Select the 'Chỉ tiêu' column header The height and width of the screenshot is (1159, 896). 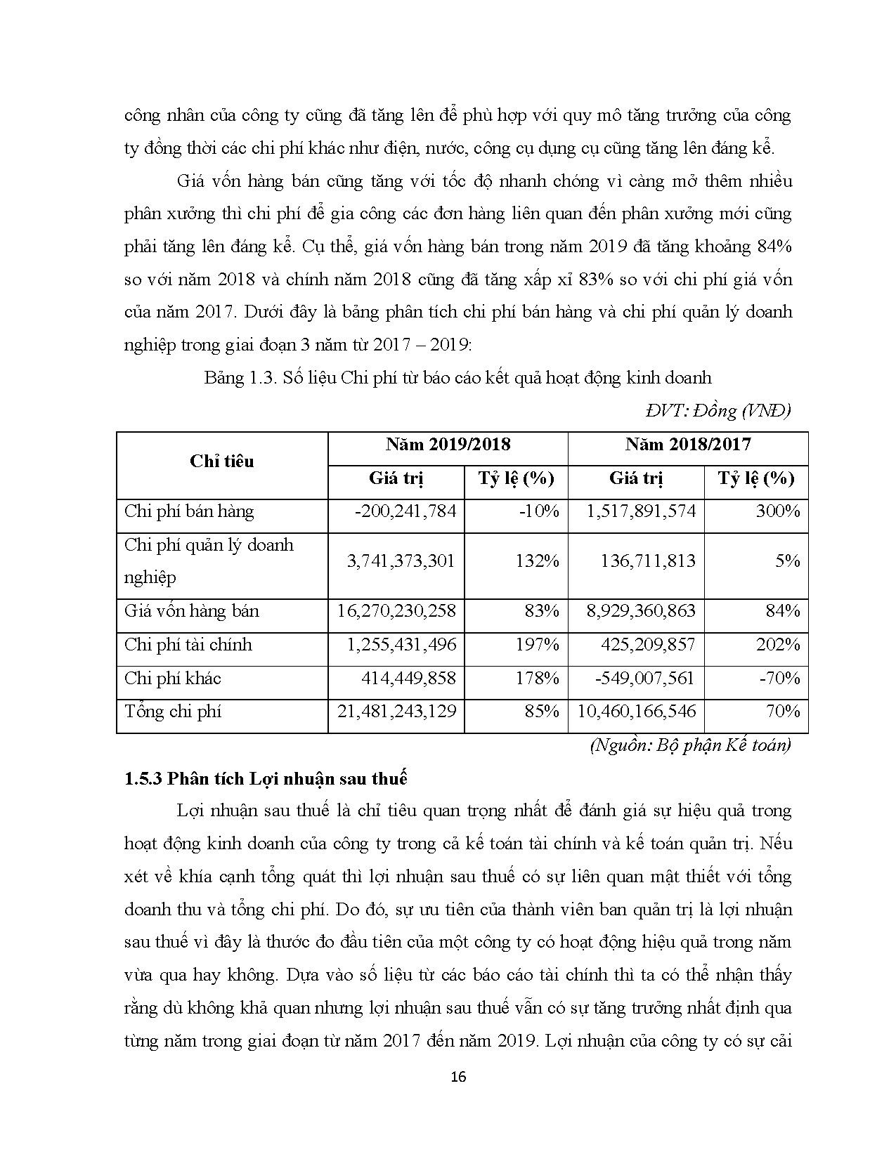pos(221,461)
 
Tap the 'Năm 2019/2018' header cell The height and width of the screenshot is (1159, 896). pos(448,445)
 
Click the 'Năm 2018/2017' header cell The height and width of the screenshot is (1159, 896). pos(688,445)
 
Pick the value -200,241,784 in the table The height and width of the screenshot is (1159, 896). pos(405,511)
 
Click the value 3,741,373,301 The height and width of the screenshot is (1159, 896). pos(401,561)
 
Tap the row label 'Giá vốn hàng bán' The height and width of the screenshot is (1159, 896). pos(192,611)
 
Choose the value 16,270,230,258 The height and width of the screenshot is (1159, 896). pos(396,611)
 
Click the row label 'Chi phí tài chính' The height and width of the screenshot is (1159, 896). pos(188,645)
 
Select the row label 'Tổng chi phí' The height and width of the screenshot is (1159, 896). pos(173,712)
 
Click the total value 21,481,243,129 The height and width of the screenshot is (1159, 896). pos(396,712)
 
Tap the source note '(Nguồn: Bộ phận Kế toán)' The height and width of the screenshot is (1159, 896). pos(690,745)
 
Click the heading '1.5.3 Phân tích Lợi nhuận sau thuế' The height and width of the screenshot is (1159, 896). pos(266,778)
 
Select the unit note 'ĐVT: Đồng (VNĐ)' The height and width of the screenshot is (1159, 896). pos(716,411)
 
